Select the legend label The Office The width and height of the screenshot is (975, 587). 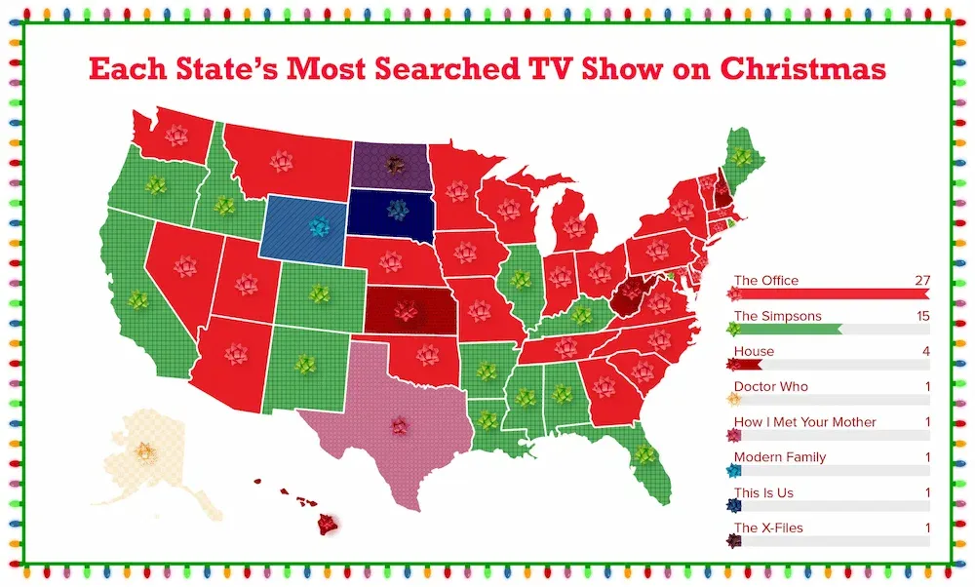(765, 281)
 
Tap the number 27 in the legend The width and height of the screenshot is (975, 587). (921, 281)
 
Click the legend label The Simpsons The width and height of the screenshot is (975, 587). (777, 316)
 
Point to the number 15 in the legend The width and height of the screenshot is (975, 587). (922, 316)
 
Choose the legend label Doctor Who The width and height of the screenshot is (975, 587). (770, 387)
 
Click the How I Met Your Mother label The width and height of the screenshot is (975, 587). (804, 422)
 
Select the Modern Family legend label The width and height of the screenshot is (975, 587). (779, 457)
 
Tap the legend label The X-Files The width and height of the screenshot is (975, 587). (768, 528)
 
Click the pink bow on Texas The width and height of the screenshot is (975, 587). (398, 425)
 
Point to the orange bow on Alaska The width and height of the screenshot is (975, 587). (144, 451)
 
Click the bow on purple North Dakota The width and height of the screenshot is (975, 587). (394, 164)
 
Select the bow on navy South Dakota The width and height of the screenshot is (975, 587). (396, 209)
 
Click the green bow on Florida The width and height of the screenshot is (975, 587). (643, 454)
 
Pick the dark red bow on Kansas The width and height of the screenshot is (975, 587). (405, 311)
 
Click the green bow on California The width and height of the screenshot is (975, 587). (139, 298)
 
